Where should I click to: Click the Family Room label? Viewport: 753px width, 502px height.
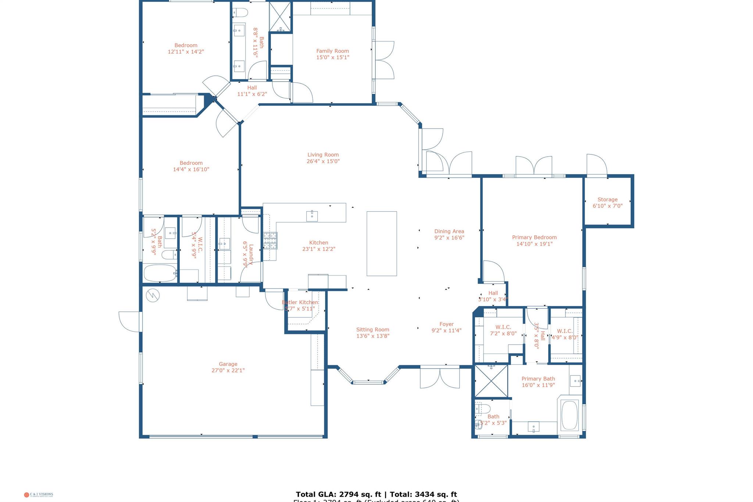point(332,51)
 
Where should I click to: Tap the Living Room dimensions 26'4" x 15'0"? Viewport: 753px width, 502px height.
point(323,161)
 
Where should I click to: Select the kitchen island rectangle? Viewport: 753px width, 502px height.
point(382,243)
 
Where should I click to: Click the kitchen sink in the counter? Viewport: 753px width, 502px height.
point(312,216)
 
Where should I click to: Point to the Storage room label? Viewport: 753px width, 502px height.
point(607,200)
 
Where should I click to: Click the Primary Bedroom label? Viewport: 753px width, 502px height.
point(534,238)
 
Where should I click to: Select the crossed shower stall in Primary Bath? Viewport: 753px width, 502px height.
point(491,381)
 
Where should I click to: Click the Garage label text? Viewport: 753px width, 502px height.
point(228,364)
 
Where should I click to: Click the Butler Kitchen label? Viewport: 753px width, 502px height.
point(300,302)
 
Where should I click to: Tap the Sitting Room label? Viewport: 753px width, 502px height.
point(372,330)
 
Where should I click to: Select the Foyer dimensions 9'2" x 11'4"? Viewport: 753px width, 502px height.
point(446,331)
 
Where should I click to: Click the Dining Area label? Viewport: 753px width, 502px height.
point(449,231)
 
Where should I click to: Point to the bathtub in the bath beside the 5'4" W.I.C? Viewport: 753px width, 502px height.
point(160,273)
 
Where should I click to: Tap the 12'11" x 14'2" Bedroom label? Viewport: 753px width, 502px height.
point(186,46)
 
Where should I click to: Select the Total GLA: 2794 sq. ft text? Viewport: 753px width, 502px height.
point(338,494)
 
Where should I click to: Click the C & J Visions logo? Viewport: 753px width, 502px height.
point(39,495)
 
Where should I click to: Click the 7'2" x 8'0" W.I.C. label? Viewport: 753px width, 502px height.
point(503,327)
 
